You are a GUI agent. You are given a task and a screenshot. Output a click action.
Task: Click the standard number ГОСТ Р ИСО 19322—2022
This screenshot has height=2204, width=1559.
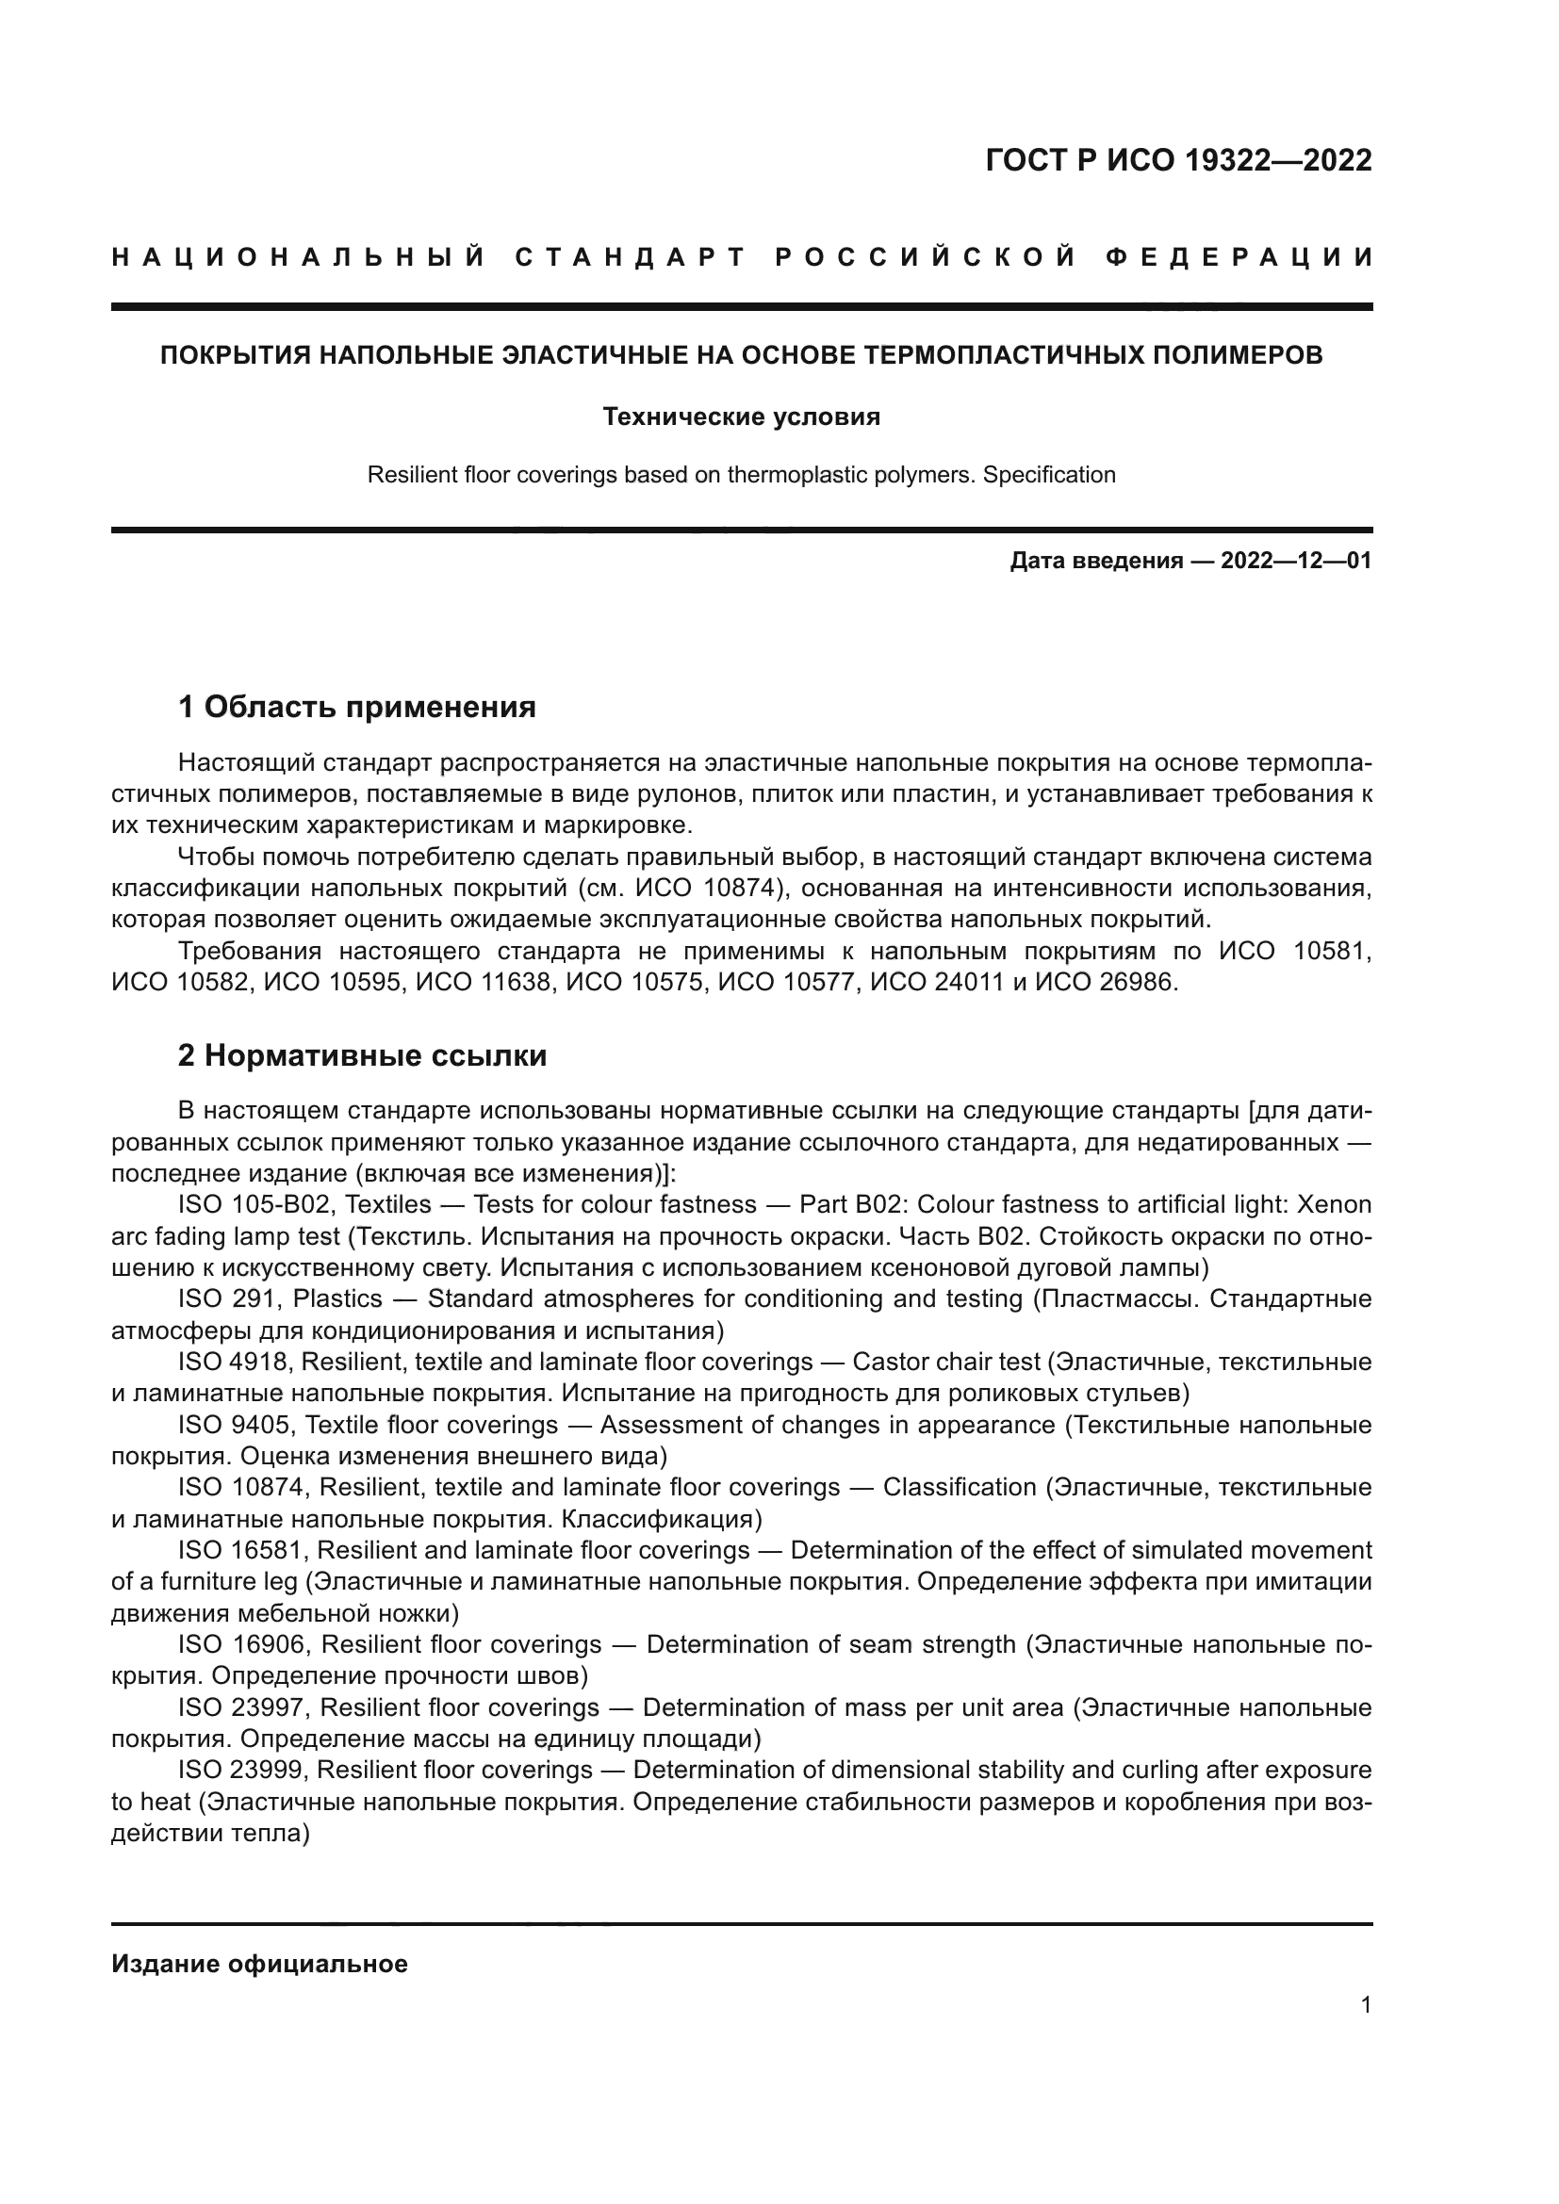tap(1178, 160)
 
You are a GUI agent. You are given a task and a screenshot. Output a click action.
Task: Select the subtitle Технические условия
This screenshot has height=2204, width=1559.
tap(741, 416)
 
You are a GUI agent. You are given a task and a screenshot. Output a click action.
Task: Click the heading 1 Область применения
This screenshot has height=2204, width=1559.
tap(357, 708)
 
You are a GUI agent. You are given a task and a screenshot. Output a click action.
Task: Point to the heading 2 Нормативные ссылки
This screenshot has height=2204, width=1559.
tap(363, 1055)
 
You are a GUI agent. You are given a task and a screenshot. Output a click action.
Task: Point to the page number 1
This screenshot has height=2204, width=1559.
tap(1365, 2005)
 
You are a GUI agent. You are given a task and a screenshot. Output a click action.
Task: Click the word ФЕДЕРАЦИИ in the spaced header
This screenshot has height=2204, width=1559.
tap(1239, 257)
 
